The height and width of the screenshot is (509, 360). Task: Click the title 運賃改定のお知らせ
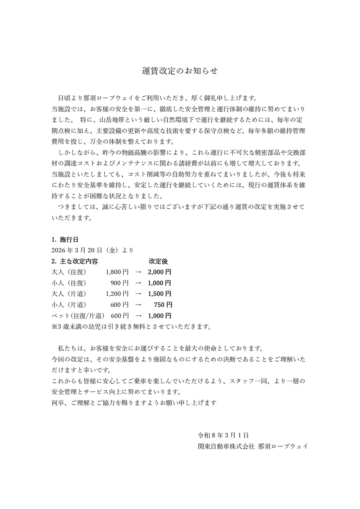tap(180, 71)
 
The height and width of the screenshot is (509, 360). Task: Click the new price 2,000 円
tap(160, 272)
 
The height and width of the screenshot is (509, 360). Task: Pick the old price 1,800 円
tap(117, 272)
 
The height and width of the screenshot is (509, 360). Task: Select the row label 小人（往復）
tap(69, 283)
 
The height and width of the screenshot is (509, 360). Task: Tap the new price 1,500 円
tap(160, 294)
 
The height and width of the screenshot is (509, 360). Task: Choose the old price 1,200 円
tap(117, 294)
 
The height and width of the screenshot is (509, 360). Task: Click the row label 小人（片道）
tap(69, 305)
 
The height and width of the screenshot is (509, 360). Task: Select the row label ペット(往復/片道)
tap(78, 316)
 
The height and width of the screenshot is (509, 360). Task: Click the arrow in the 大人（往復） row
tap(138, 272)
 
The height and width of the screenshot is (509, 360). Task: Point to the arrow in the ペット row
tap(138, 316)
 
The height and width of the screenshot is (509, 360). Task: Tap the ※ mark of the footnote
tap(54, 326)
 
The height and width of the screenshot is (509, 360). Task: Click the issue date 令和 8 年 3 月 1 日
tap(223, 435)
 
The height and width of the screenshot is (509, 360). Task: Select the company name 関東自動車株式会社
tap(226, 446)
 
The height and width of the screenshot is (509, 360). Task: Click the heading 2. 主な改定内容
tap(75, 261)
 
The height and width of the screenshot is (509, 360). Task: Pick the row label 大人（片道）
tap(69, 294)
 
